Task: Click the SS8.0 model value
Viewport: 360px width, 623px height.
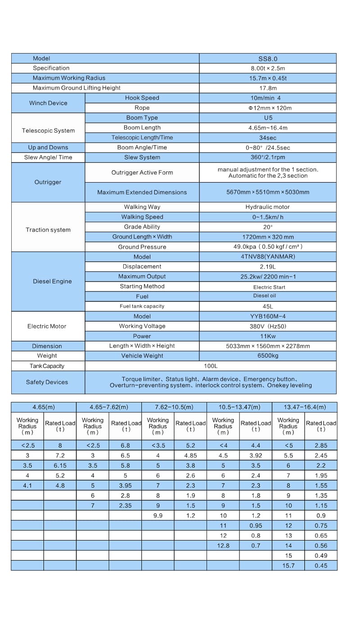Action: coord(268,58)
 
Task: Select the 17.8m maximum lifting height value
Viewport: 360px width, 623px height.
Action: coord(268,88)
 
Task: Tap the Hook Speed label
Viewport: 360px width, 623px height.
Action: coord(142,98)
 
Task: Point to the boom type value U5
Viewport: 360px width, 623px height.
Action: coord(268,118)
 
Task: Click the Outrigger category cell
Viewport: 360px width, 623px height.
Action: coord(48,182)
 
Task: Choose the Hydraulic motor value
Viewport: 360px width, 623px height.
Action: coord(268,207)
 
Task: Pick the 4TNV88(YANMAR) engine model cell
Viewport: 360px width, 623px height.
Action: coord(268,257)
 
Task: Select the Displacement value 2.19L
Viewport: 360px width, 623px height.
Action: coord(268,267)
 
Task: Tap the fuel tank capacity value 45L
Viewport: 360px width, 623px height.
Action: coord(268,306)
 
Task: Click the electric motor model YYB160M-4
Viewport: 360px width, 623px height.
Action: coord(268,316)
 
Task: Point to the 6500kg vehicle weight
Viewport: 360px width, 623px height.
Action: coord(268,356)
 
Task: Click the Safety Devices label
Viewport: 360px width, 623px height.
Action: coord(47,382)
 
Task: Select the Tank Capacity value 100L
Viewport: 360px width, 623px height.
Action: coord(211,366)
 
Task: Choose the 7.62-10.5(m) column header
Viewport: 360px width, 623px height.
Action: coord(174,407)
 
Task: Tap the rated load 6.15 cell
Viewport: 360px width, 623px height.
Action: coord(60,466)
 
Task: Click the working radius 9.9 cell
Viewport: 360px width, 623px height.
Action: coord(158,515)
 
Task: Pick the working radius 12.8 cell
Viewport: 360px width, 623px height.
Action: coord(223,546)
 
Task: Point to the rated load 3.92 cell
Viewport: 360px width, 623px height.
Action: coord(256,456)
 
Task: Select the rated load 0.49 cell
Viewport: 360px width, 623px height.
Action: coord(321,556)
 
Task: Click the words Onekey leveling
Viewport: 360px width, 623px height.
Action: coord(289,385)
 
